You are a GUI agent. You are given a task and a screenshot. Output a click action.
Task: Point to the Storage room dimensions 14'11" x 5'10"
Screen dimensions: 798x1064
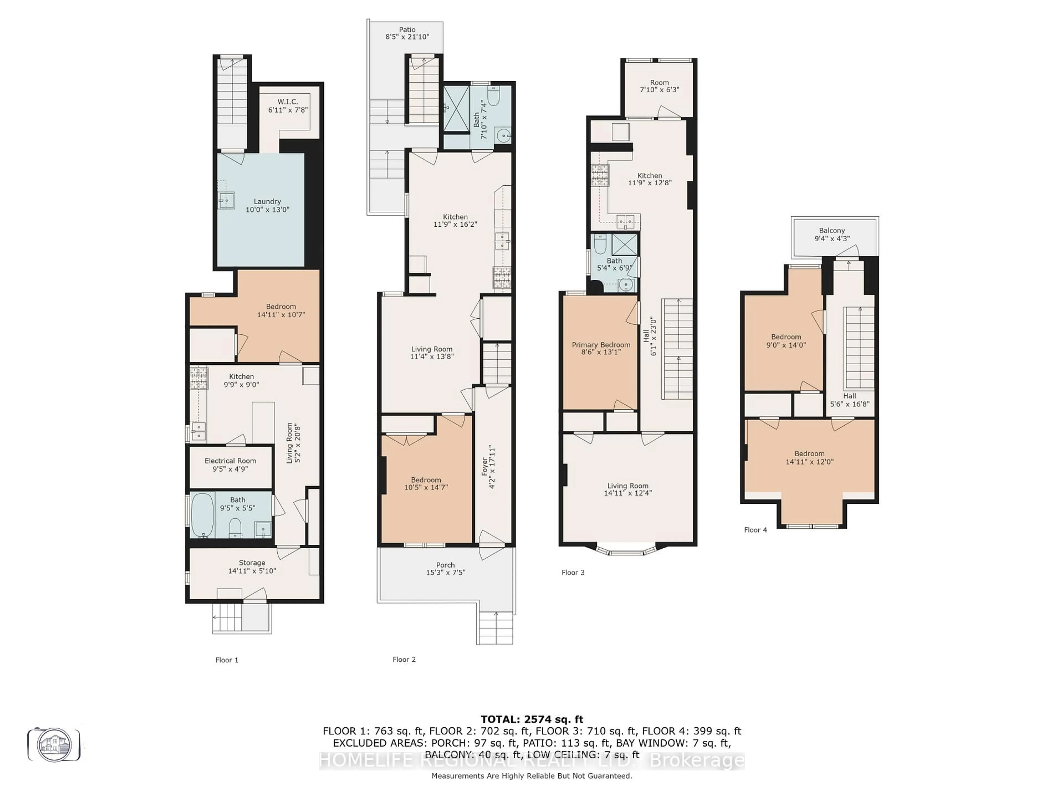click(x=252, y=571)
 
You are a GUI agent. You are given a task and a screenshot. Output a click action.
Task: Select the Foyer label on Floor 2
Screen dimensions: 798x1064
click(x=485, y=467)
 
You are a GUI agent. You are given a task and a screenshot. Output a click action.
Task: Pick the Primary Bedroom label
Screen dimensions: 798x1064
click(x=601, y=345)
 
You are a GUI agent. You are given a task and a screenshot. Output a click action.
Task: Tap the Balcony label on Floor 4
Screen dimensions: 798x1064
click(x=832, y=231)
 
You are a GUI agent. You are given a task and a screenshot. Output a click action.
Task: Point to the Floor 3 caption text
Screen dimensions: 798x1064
click(x=573, y=572)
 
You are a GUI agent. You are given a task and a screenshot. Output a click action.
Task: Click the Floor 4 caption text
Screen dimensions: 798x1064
click(x=755, y=530)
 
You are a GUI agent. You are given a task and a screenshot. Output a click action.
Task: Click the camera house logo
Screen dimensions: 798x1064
click(x=54, y=744)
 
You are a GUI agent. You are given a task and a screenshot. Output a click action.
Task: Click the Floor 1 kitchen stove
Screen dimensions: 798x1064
click(x=199, y=378)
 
